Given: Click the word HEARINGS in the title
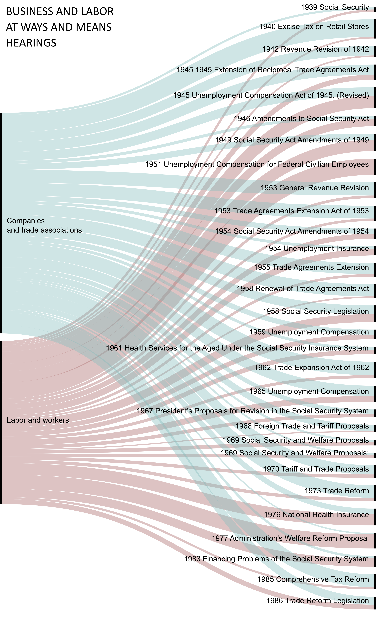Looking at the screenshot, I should [31, 43].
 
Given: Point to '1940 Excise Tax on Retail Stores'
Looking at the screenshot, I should [314, 27].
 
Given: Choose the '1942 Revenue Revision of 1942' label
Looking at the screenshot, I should [315, 49].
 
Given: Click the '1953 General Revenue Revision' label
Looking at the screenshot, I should [315, 188].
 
